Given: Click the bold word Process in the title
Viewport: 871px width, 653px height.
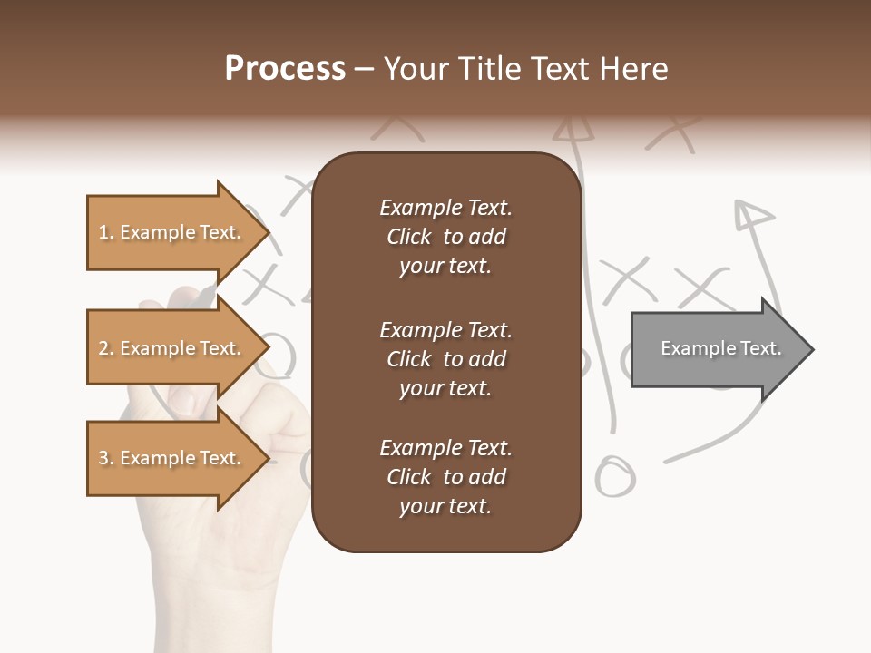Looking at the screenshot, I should click(285, 69).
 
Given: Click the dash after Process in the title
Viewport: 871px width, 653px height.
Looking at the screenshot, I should click(364, 70).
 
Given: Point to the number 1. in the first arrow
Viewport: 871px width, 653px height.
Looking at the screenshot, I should click(106, 232).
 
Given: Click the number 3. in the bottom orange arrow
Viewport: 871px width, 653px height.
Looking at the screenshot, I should click(106, 458).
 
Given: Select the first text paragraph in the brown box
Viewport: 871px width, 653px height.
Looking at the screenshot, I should click(445, 237).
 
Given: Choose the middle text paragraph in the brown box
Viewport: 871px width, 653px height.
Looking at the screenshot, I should click(445, 359).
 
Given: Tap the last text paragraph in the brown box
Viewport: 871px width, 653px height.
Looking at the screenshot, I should click(445, 477).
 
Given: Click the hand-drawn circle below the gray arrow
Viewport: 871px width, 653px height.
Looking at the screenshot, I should click(615, 476).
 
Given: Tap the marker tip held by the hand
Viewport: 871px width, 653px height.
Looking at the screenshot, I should click(208, 295).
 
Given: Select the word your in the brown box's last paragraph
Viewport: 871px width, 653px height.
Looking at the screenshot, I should click(418, 506).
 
